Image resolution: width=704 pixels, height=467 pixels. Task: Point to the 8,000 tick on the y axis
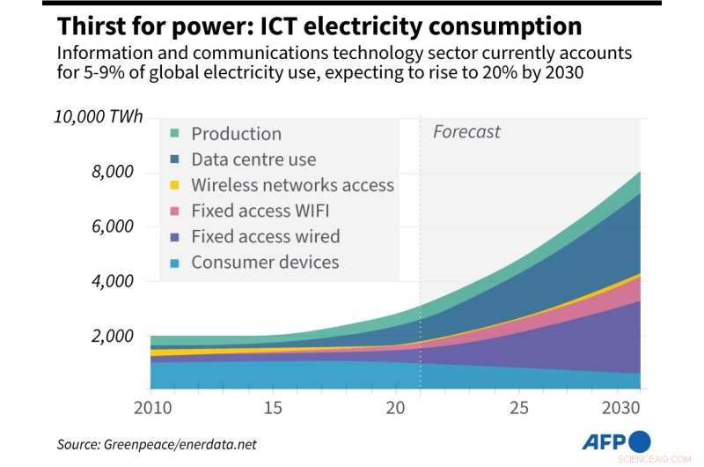coord(112,172)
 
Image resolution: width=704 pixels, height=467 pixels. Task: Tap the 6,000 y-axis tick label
coord(112,226)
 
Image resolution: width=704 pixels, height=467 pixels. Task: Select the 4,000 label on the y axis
coord(112,281)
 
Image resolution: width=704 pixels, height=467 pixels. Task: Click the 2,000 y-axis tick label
coord(112,336)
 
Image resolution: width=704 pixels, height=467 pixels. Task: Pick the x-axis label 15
coord(273,409)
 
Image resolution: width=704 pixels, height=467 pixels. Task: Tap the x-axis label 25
coord(519,409)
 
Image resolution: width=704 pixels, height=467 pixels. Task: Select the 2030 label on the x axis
coord(624,409)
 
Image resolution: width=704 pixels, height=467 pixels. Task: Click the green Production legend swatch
coord(174,134)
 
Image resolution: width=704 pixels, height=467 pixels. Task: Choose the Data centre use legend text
coord(253,159)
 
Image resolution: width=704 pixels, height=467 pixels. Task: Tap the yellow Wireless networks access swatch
coord(174,185)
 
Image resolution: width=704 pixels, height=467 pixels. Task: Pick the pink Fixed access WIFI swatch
coord(174,211)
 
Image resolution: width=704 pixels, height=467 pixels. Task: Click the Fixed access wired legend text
coord(265,236)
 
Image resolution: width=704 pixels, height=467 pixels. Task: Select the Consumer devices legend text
coord(265,262)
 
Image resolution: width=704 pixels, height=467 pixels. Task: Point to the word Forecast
coord(466,132)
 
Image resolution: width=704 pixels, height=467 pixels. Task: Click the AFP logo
coord(615,442)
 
